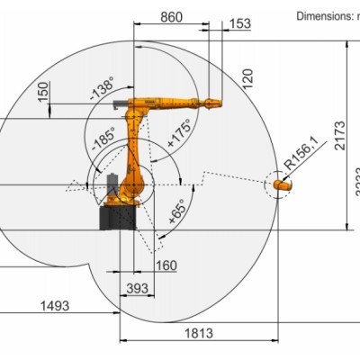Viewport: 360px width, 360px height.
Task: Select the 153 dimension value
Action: pos(240,24)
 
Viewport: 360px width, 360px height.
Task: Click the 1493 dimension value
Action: pos(56,306)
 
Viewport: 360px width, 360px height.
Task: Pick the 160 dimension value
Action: pos(166,265)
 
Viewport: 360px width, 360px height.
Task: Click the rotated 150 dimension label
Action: pos(42,92)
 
